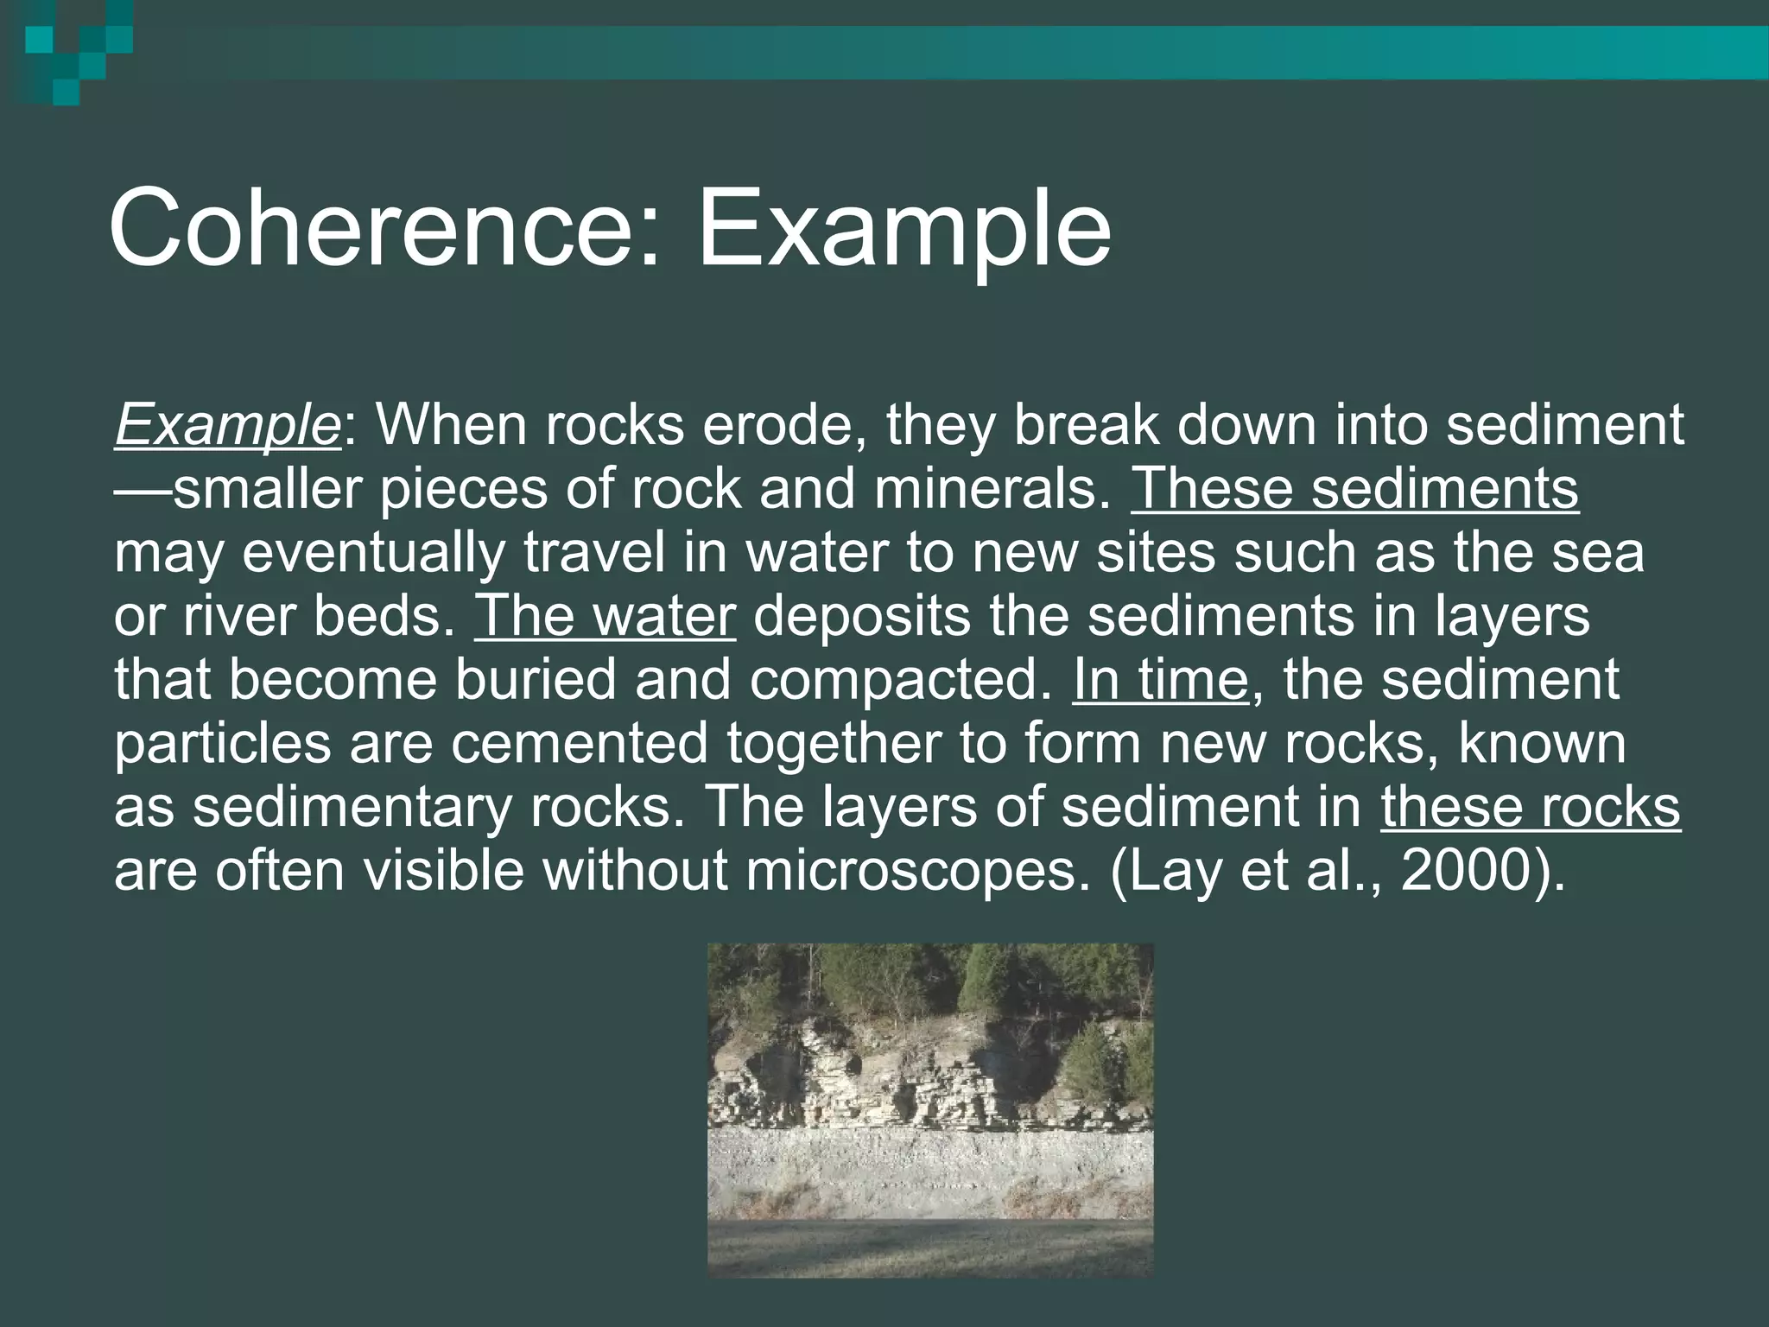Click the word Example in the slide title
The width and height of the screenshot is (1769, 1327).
[x=904, y=229]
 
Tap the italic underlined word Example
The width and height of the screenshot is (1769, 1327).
[x=227, y=425]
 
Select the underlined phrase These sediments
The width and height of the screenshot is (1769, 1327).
[x=1354, y=489]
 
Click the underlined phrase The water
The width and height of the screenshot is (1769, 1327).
[x=605, y=616]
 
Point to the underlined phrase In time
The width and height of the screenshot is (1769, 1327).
[x=1160, y=680]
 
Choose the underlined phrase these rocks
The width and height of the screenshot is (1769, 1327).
[x=1530, y=807]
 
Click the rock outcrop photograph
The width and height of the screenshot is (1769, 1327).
[x=930, y=1109]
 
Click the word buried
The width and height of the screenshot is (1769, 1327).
[x=536, y=680]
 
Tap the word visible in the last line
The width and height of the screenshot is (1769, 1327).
[x=443, y=871]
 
